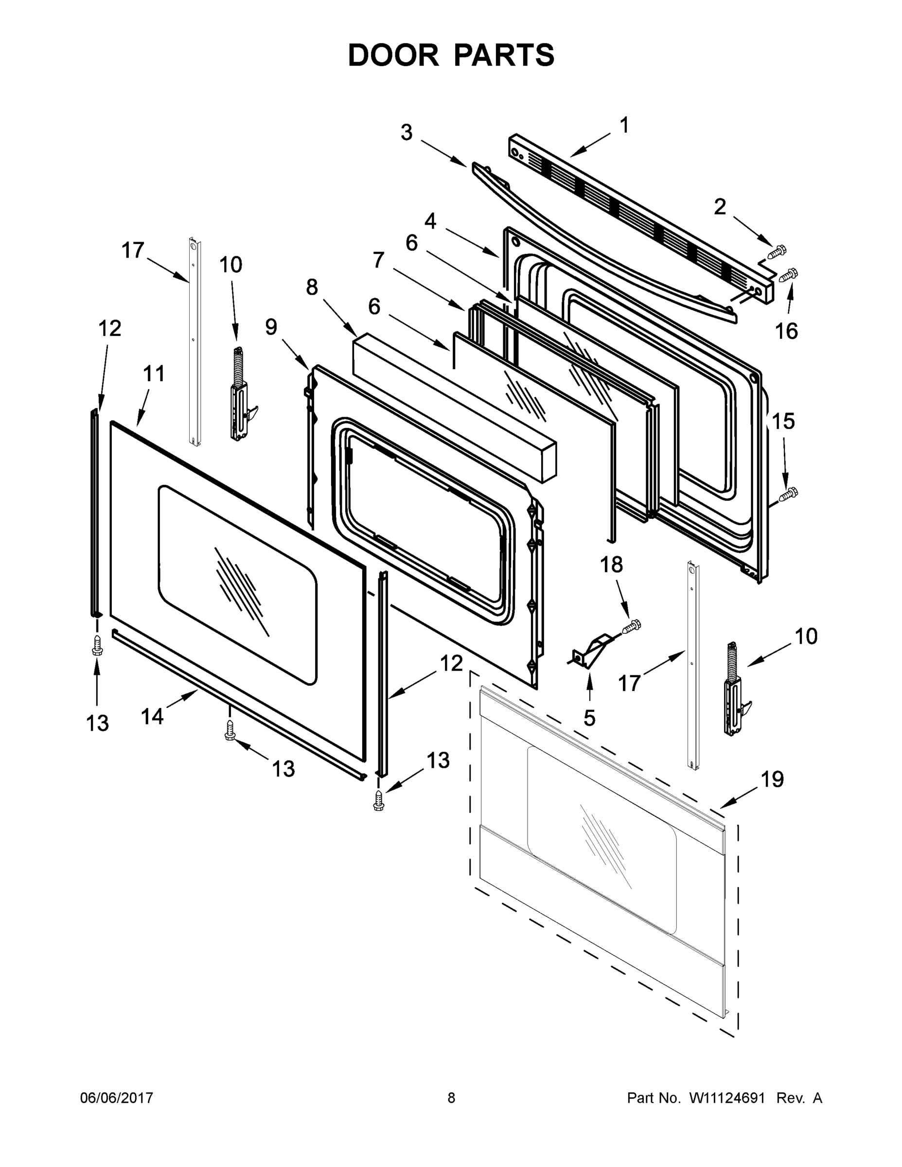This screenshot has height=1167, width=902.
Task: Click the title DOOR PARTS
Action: (451, 55)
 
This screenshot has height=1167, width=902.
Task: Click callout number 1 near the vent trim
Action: (623, 125)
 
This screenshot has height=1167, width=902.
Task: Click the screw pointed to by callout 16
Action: (790, 275)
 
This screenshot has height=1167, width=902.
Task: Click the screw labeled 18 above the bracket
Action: (632, 626)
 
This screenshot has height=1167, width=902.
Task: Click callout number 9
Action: (271, 327)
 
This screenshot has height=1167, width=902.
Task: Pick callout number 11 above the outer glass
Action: (154, 373)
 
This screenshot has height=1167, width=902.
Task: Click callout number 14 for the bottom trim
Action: (152, 717)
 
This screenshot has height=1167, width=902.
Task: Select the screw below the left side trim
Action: (97, 645)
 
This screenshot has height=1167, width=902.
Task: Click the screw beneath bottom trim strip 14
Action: (230, 730)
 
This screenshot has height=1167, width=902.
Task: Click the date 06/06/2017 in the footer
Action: (117, 1098)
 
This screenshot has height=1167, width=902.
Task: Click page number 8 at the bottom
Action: (451, 1098)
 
